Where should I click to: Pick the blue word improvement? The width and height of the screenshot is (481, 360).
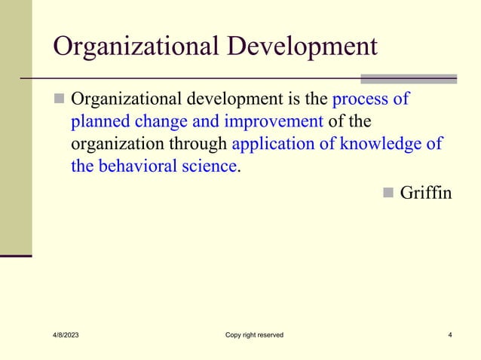(262, 122)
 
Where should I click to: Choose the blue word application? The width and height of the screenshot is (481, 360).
(275, 144)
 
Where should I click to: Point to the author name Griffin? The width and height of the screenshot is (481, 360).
(426, 193)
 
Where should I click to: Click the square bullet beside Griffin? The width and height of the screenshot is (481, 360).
(388, 194)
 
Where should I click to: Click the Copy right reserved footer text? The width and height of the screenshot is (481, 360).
(254, 335)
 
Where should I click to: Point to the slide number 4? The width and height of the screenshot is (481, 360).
(449, 335)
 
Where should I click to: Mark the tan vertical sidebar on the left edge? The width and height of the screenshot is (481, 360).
(15, 128)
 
